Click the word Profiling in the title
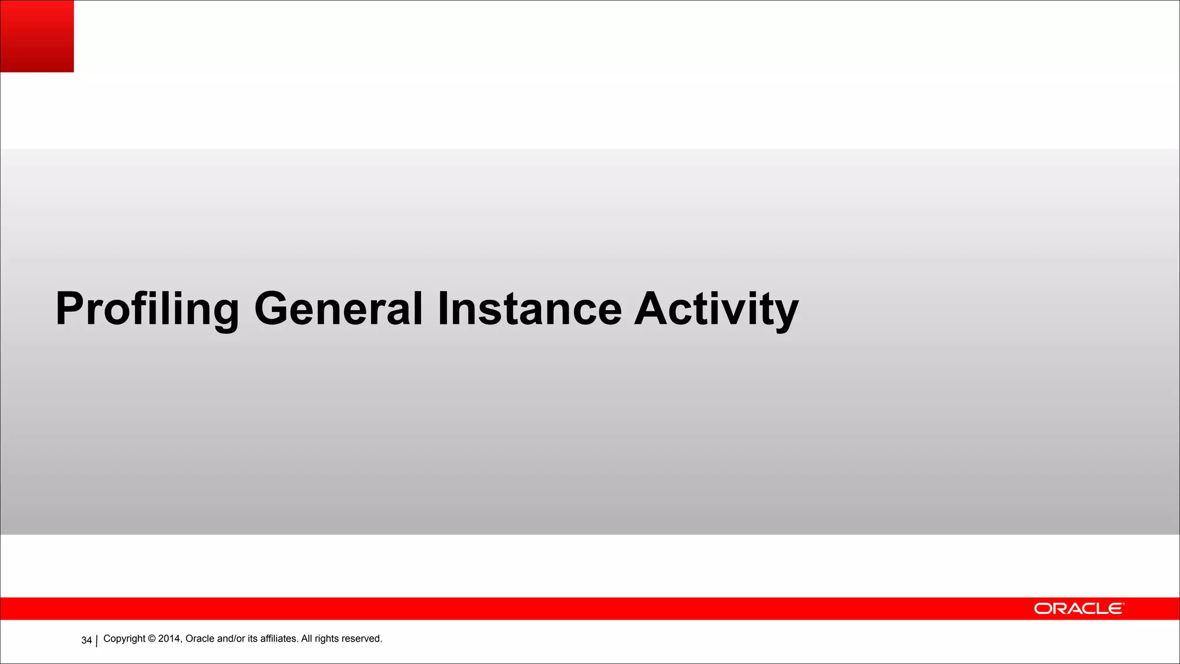pyautogui.click(x=147, y=309)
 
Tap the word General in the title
pyautogui.click(x=338, y=309)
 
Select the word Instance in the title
pyautogui.click(x=530, y=309)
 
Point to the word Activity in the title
pyautogui.click(x=716, y=309)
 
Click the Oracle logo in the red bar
pyautogui.click(x=1078, y=609)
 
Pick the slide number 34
pyautogui.click(x=86, y=640)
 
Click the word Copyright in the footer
pyautogui.click(x=124, y=639)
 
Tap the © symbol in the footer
pyautogui.click(x=152, y=639)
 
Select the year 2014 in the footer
pyautogui.click(x=169, y=639)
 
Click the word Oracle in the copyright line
pyautogui.click(x=200, y=639)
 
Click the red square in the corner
pyautogui.click(x=37, y=36)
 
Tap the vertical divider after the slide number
pyautogui.click(x=96, y=640)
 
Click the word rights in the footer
pyautogui.click(x=326, y=639)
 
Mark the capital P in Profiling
pyautogui.click(x=70, y=309)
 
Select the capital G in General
pyautogui.click(x=274, y=309)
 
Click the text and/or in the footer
pyautogui.click(x=231, y=639)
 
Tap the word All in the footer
pyautogui.click(x=307, y=639)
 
